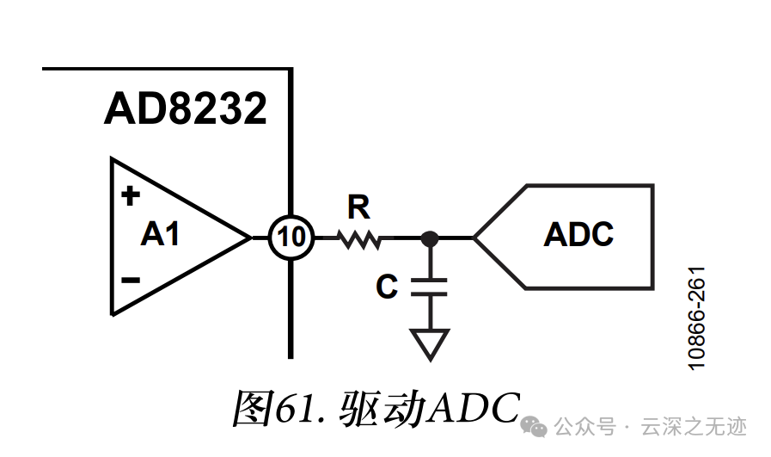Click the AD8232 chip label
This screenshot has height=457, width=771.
pos(185,109)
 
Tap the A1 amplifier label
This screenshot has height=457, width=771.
pos(161,233)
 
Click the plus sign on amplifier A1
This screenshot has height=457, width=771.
pos(131,196)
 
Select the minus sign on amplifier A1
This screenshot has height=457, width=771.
pos(131,280)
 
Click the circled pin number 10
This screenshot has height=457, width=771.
pos(292,237)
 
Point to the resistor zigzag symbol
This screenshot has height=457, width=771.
pos(359,237)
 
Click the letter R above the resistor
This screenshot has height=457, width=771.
pos(358,207)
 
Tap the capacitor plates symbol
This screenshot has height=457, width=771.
pos(430,286)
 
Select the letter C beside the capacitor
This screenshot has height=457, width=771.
pos(387,287)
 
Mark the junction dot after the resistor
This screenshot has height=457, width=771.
pos(430,237)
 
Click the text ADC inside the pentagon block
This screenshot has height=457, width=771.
pos(578,234)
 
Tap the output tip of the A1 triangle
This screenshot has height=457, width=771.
pos(250,237)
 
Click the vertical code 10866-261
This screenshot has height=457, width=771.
pos(698,318)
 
